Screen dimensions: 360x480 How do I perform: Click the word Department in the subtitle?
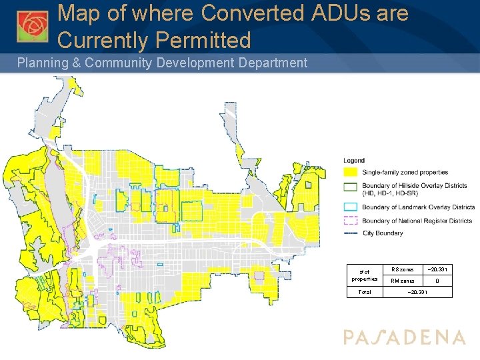point(271,63)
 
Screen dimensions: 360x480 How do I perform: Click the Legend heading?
point(353,161)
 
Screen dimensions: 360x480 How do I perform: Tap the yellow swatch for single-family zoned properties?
point(351,173)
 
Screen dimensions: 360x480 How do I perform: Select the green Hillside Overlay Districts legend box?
point(351,186)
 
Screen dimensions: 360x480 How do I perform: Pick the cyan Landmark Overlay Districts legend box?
point(351,207)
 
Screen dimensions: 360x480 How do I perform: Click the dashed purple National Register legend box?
point(351,221)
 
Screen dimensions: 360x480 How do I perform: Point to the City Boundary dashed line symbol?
point(351,233)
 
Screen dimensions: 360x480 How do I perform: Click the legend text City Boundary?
point(383,233)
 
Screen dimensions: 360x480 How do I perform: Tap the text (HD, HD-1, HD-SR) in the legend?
point(390,193)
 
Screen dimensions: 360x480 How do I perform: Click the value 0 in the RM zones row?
point(437,281)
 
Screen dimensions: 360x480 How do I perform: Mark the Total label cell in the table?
point(365,293)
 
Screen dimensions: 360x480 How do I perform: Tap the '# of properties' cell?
point(365,275)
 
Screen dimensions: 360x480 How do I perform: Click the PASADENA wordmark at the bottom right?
point(405,337)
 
